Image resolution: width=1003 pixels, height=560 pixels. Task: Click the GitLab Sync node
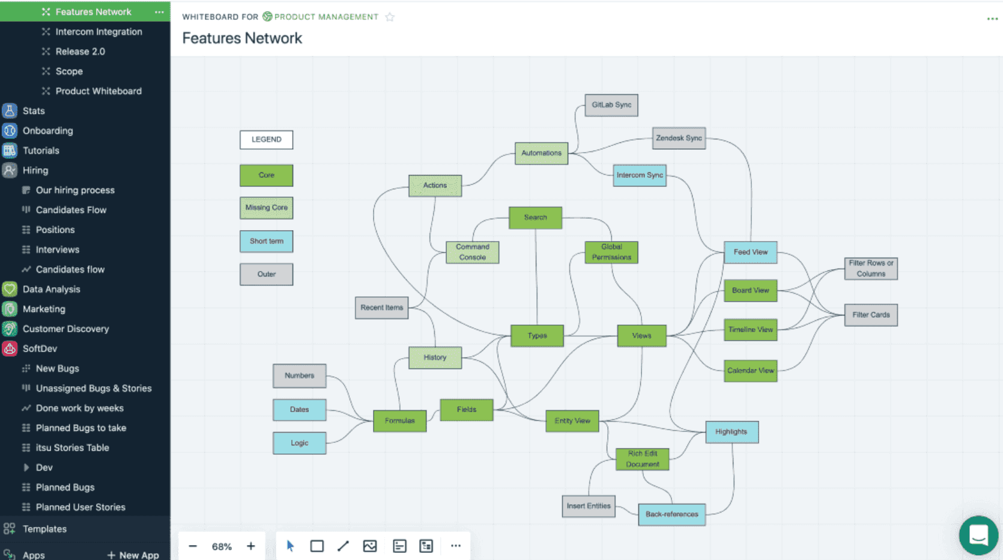[611, 105]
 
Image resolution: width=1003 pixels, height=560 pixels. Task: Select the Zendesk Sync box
[679, 138]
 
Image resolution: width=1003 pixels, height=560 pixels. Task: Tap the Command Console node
[472, 252]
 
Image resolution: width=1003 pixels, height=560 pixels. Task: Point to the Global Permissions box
[611, 252]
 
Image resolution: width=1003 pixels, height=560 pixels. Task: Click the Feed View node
[750, 252]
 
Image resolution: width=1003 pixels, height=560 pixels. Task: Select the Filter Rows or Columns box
[870, 269]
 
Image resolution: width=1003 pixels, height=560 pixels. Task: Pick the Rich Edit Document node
[642, 459]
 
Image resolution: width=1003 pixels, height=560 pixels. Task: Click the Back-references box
[671, 514]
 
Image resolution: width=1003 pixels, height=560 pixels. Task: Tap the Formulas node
[399, 421]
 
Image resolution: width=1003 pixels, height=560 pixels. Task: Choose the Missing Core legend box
[266, 208]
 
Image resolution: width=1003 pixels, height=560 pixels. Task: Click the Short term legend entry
[266, 242]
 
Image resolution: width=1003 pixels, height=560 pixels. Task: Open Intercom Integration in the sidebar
[98, 32]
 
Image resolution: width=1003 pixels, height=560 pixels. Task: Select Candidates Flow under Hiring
[71, 210]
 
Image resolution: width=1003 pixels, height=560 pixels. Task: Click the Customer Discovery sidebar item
[65, 329]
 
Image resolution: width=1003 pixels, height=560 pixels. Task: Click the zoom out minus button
[193, 546]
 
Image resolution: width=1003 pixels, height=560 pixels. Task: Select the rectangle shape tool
[317, 546]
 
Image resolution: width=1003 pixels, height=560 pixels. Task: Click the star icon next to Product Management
[390, 17]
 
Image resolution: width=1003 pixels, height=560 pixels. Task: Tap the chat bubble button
[978, 535]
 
